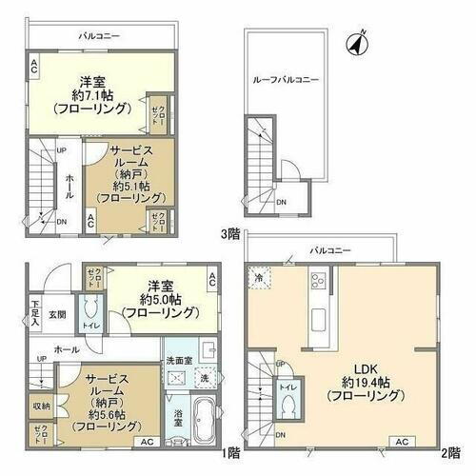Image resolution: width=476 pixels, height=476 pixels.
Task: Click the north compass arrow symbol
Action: pos(359,42)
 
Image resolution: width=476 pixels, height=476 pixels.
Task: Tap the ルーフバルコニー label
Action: pos(286,80)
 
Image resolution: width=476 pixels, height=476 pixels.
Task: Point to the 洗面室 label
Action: pos(181,361)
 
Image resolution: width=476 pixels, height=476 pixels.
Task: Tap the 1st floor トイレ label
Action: pos(92,324)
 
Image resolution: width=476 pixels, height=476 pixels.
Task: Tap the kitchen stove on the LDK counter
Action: pos(319,281)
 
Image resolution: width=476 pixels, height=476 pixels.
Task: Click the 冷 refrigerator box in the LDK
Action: pos(260,277)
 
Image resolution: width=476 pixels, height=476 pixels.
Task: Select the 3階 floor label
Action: pos(228,231)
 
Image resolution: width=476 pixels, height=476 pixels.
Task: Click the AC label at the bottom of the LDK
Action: pos(402,441)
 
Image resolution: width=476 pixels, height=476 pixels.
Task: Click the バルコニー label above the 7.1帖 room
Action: pos(99,35)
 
